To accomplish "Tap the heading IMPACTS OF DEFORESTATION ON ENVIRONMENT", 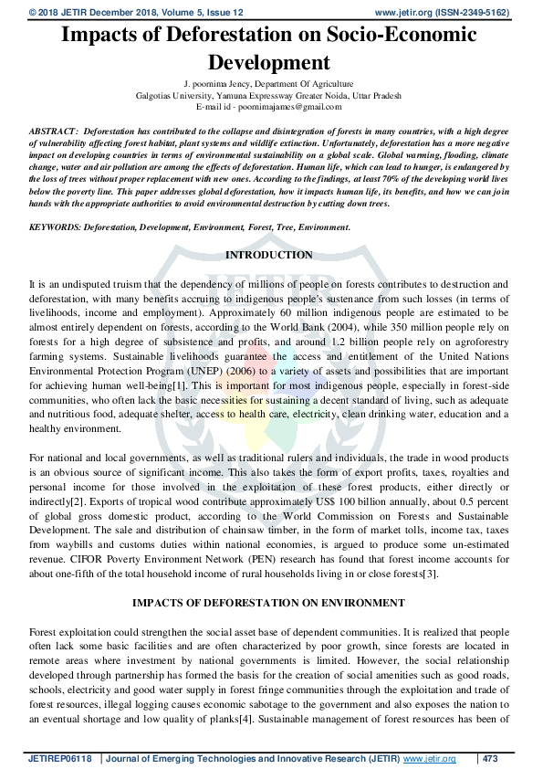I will click(x=268, y=604).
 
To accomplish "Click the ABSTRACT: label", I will click(x=54, y=133).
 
